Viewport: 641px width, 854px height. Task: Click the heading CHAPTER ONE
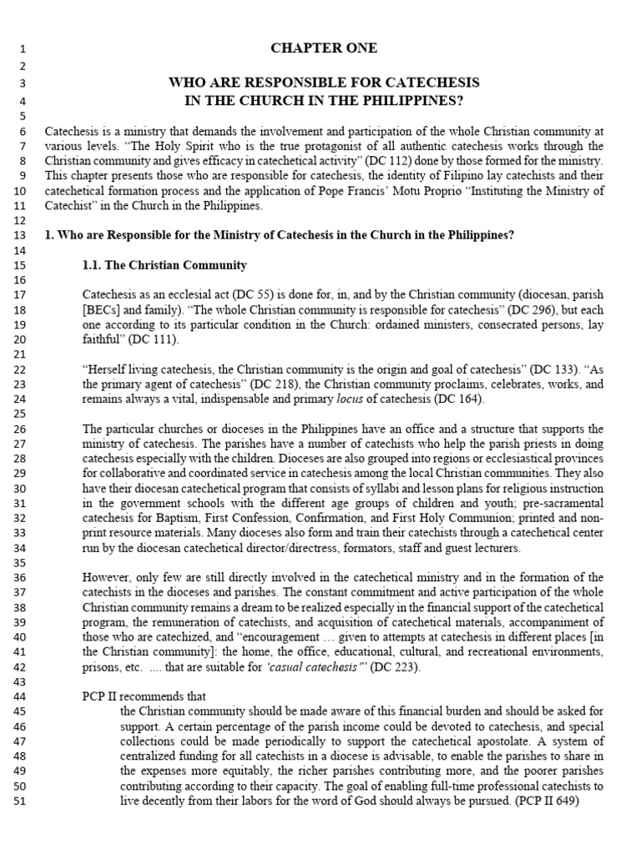pos(324,48)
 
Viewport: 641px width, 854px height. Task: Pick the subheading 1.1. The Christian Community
pos(164,265)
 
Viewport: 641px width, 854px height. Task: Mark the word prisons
pos(102,667)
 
